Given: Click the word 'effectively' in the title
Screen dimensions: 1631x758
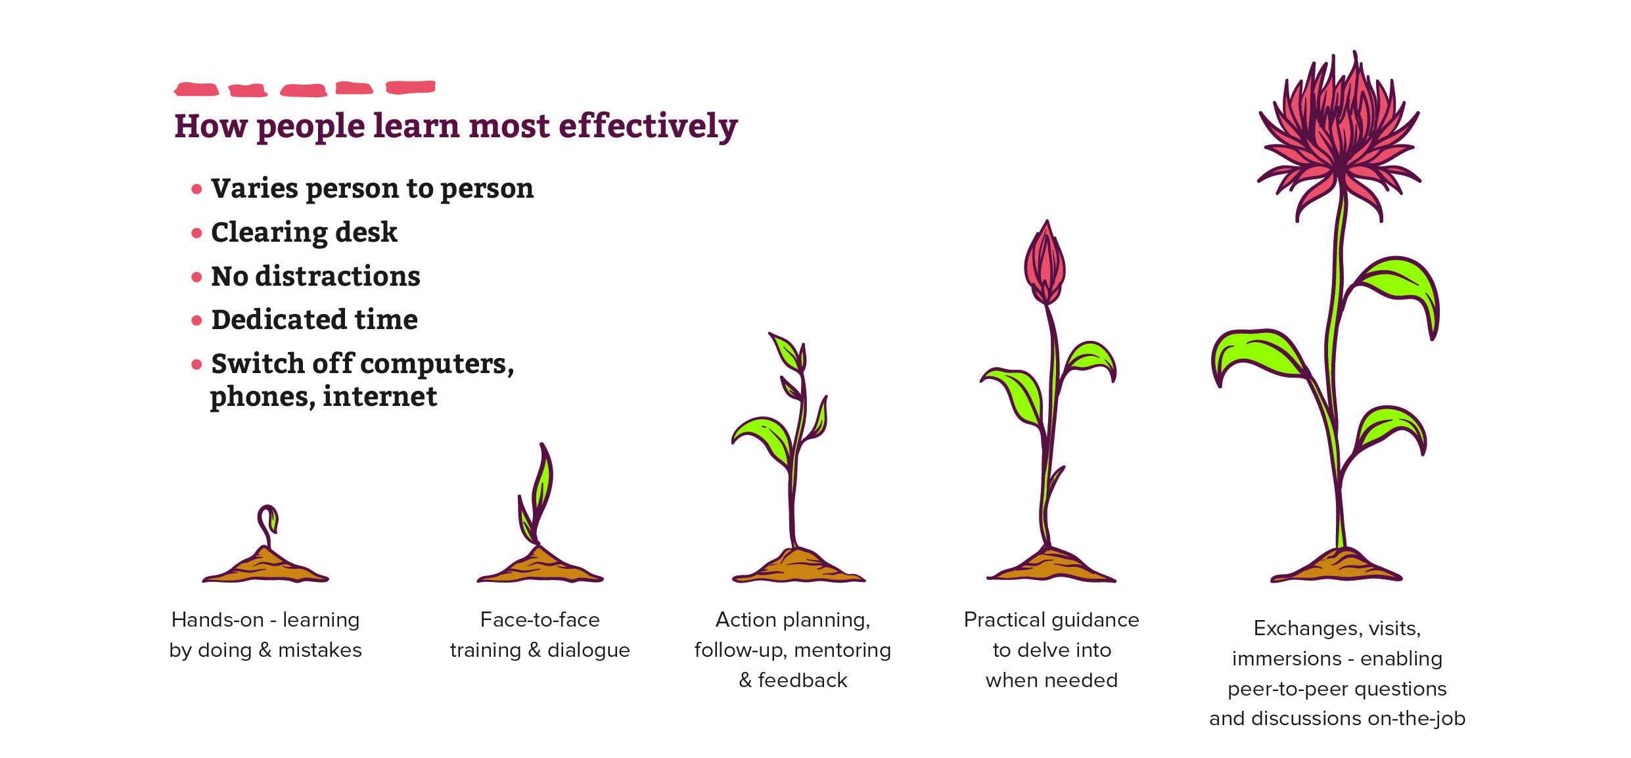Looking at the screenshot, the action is [648, 127].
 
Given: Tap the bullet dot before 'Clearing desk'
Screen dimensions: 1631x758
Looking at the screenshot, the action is [196, 233].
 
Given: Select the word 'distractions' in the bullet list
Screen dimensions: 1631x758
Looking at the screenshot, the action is [338, 276].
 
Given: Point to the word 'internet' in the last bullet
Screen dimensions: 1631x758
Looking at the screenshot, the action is [380, 397].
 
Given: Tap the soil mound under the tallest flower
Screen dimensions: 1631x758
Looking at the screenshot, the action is [1336, 566].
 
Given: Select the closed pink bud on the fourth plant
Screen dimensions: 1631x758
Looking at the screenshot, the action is [1045, 262].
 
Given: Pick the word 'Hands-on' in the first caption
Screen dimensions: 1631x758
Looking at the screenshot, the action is [218, 619].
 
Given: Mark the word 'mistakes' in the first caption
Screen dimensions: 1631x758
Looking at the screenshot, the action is [320, 650].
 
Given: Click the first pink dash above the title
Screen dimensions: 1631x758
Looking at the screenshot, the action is [196, 89].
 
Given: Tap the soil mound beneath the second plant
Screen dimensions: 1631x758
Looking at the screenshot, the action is [540, 566].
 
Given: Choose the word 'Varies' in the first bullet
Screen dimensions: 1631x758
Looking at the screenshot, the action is [254, 189].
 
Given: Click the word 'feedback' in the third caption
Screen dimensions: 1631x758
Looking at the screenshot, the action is [802, 680].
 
